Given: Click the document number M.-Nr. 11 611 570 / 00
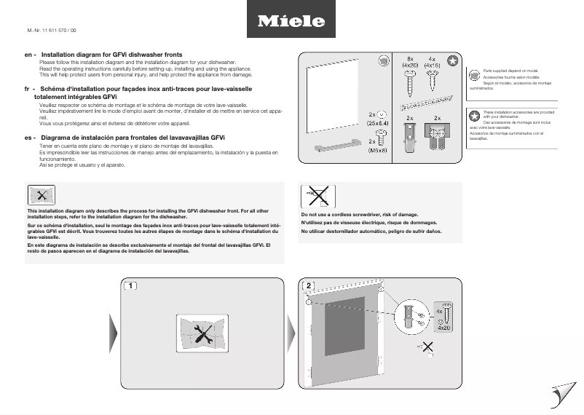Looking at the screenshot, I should click(51, 30).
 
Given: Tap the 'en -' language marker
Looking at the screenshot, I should click(30, 55).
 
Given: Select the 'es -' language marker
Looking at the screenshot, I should click(30, 138).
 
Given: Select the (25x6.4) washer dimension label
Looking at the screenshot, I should click(378, 124).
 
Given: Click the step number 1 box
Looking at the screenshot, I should click(130, 285).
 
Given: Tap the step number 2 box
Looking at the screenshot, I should click(309, 285).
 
